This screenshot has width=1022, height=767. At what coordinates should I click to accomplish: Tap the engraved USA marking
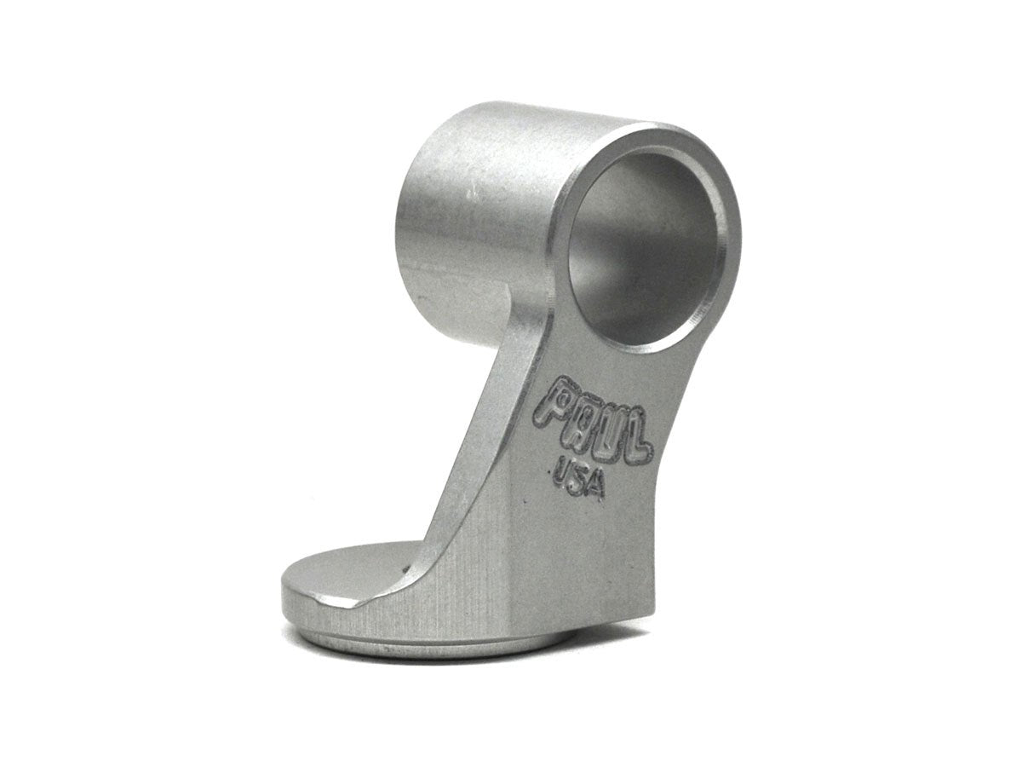(579, 479)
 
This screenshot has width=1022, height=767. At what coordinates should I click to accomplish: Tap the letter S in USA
(579, 478)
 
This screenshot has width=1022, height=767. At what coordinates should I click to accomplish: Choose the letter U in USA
(563, 470)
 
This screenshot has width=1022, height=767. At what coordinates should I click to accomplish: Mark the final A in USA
(595, 486)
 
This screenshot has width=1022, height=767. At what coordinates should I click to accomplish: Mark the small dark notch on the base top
(411, 567)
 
